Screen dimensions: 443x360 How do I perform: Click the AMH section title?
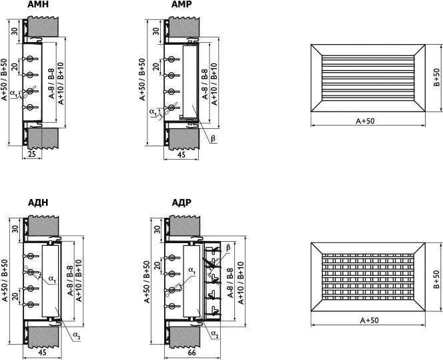pos(38,4)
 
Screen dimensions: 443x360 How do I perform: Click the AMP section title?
pos(181,4)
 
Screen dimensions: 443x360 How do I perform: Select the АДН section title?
pos(38,202)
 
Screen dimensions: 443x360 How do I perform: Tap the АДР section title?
pos(181,202)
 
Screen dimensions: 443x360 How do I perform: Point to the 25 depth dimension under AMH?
pos(32,154)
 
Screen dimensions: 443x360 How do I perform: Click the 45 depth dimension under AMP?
pos(181,154)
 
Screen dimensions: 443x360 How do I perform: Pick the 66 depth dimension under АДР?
pos(191,353)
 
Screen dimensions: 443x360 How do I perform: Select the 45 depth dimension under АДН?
pos(42,353)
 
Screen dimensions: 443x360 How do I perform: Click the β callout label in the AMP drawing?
pos(213,138)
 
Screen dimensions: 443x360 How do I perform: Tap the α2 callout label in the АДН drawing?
pos(77,335)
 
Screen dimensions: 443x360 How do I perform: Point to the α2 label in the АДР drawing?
pos(215,334)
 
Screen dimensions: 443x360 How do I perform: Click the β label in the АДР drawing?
pos(228,247)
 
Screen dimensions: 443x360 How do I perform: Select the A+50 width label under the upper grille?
pos(365,121)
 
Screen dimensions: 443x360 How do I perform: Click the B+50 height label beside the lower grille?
pos(436,279)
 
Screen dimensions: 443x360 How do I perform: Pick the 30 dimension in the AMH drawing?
pos(15,31)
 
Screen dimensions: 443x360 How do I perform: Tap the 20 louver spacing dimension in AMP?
pos(155,67)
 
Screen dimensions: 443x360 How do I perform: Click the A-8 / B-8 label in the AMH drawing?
pos(51,83)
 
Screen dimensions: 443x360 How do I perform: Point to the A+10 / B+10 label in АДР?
pos(240,283)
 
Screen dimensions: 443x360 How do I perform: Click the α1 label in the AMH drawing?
pos(13,94)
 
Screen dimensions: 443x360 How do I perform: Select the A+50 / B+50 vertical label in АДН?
pos(5,281)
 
